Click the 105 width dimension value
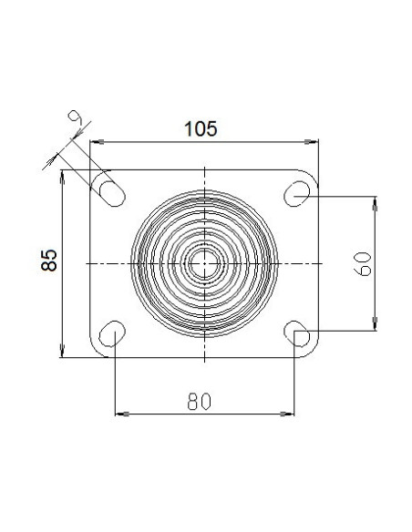[x=201, y=129]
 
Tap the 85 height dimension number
[x=49, y=261]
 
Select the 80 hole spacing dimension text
[x=200, y=402]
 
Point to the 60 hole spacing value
[x=363, y=264]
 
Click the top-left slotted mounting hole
[x=112, y=194]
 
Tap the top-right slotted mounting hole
[x=296, y=194]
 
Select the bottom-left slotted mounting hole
[x=112, y=333]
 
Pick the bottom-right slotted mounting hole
[x=296, y=333]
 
